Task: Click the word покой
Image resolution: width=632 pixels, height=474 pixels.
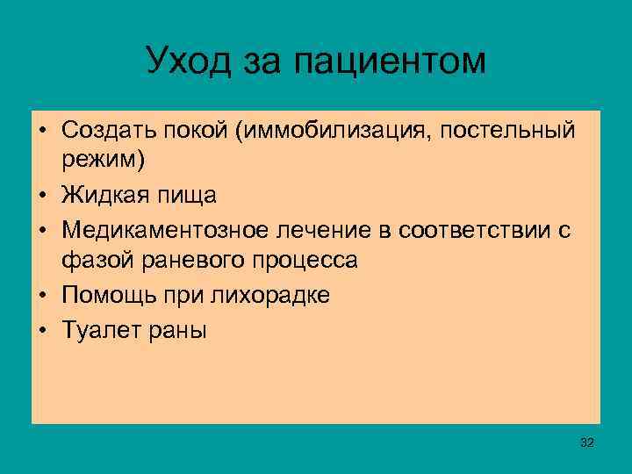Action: [176, 131]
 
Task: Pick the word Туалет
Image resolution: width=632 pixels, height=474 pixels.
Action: [93, 330]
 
